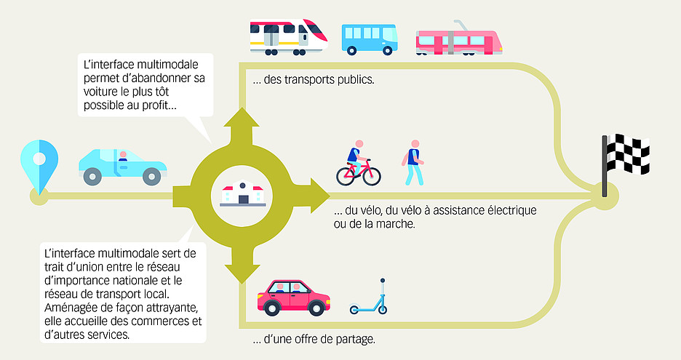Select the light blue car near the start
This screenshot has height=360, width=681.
coord(122,166)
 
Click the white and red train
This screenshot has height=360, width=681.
coord(288,36)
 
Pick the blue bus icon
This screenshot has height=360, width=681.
coord(370,39)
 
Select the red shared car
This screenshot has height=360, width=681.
coord(293,297)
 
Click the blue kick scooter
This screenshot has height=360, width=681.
coord(368,300)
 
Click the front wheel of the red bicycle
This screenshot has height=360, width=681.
coord(370,175)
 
